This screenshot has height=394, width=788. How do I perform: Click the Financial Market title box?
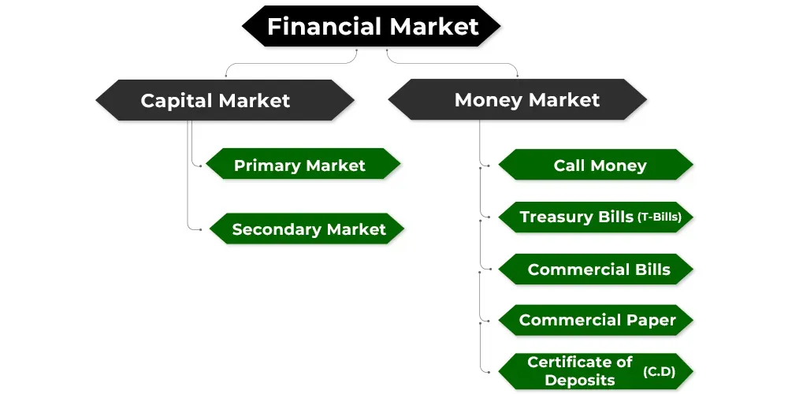click(x=372, y=26)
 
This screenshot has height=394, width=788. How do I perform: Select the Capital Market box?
click(x=225, y=100)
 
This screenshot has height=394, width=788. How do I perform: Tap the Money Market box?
click(x=518, y=100)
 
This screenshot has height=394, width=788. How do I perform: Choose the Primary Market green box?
click(x=303, y=165)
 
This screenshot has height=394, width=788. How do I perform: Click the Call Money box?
click(x=596, y=165)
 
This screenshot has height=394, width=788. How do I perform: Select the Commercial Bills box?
click(x=596, y=269)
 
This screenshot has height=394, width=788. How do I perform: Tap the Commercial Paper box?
click(x=596, y=320)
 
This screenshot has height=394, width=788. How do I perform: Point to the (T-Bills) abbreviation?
click(x=659, y=217)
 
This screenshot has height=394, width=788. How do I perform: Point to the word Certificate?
click(x=580, y=362)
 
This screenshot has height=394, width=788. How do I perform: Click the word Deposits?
click(x=580, y=379)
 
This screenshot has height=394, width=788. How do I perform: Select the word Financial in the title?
click(x=323, y=26)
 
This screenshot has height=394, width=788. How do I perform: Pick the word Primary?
click(x=268, y=165)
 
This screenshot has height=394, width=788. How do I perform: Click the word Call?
click(x=569, y=165)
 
